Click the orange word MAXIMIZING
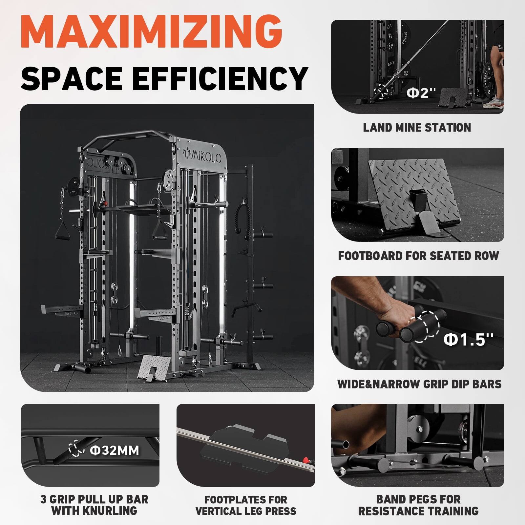click(x=152, y=31)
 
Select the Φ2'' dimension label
click(x=422, y=93)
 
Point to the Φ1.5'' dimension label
click(x=468, y=340)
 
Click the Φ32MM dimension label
click(x=115, y=450)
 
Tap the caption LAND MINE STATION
click(x=417, y=127)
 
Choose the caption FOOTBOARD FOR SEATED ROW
click(x=418, y=256)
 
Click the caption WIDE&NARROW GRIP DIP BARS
click(x=419, y=384)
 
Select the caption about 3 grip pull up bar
click(x=94, y=505)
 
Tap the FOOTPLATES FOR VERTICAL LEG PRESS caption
click(x=246, y=505)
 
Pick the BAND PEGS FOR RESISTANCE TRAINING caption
click(x=418, y=505)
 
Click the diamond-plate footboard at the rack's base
click(x=154, y=367)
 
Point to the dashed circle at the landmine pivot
click(x=382, y=91)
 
